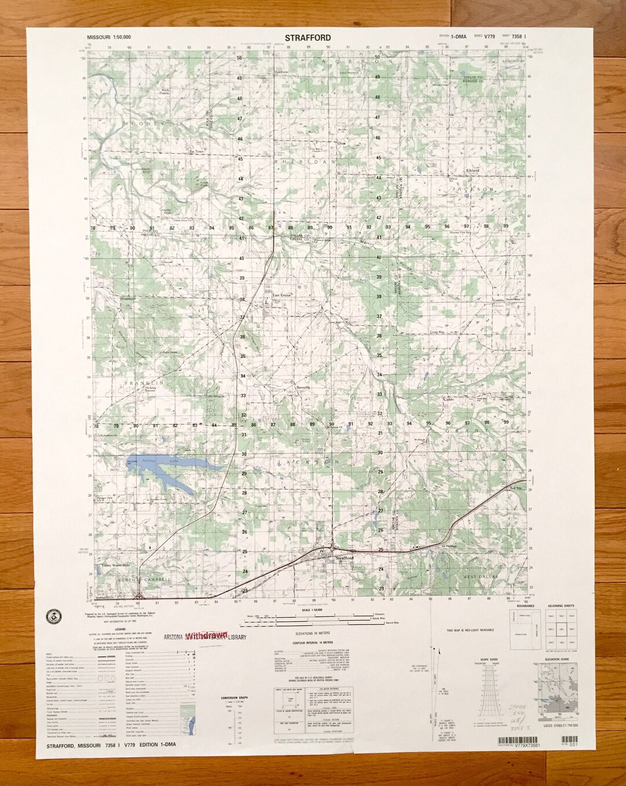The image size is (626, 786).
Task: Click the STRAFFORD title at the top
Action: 308,37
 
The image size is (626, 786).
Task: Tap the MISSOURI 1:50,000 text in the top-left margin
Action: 108,37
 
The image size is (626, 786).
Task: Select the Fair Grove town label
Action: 281,295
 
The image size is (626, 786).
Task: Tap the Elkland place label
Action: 473,171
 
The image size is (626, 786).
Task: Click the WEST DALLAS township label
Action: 479,576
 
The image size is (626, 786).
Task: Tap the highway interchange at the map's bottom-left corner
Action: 139,595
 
